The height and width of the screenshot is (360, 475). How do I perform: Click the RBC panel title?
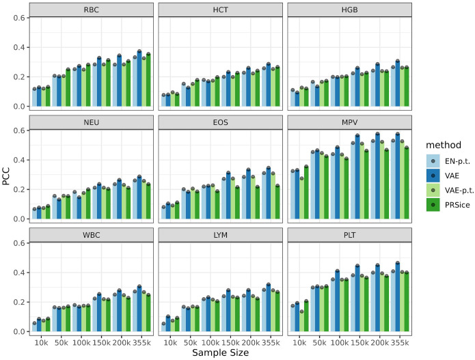[90, 10]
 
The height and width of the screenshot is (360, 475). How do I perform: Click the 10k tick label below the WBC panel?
[41, 340]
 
